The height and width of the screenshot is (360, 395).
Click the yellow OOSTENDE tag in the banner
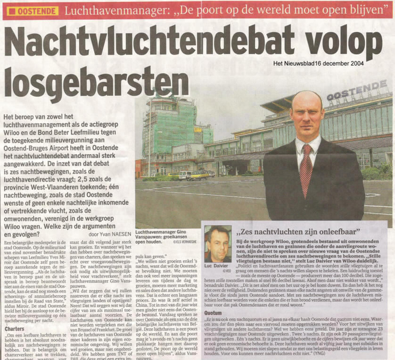pyautogui.click(x=33, y=10)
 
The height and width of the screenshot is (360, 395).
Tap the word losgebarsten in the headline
pyautogui.click(x=96, y=82)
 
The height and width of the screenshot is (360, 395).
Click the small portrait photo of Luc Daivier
pyautogui.click(x=218, y=243)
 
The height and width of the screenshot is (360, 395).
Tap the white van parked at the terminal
pyautogui.click(x=185, y=175)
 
